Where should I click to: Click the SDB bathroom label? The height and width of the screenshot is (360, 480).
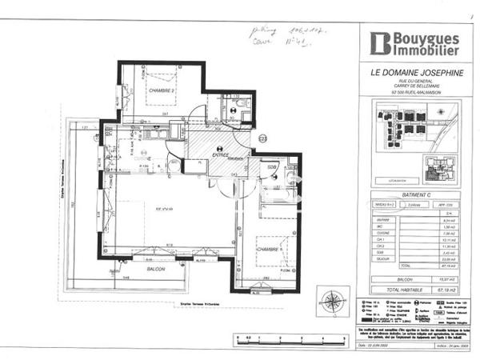pos(271,166)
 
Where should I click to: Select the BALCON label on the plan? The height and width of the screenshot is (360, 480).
pos(156,270)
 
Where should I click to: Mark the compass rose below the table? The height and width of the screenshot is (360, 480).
pos(329,302)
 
